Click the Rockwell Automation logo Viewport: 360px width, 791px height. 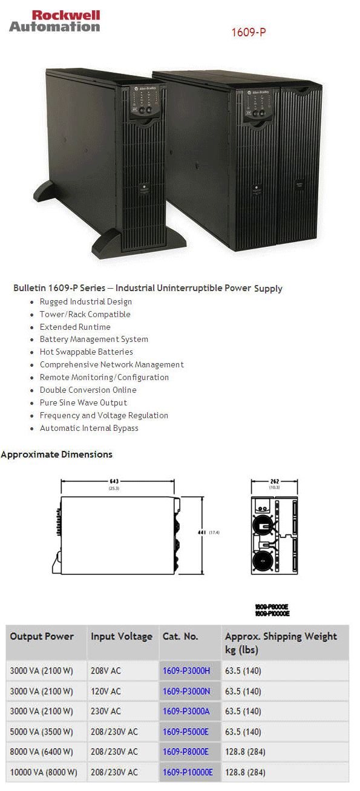54,21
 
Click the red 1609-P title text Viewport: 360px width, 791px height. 248,32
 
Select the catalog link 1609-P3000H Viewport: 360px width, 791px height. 186,671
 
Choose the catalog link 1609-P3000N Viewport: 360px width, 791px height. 186,691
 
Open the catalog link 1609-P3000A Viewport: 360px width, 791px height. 186,711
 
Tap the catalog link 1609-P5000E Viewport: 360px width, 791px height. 186,732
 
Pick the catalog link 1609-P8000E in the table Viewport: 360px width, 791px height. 186,752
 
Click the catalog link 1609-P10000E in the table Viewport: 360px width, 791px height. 188,772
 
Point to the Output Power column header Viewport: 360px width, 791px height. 42,636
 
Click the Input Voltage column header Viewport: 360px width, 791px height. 122,636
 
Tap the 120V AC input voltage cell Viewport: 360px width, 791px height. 106,691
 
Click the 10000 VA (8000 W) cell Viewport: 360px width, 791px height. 44,772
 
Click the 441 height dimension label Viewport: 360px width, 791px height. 203,533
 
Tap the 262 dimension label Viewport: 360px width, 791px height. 274,482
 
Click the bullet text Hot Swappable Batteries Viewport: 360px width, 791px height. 87,352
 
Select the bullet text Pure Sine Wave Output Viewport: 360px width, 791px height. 83,402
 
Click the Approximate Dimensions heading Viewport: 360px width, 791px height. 57,454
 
